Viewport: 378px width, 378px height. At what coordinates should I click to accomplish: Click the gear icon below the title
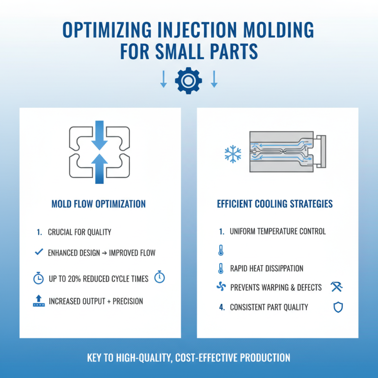pos(189,80)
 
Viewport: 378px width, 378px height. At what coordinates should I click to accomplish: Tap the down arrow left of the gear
pos(163,79)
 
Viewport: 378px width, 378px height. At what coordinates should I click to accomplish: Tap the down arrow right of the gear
pos(214,79)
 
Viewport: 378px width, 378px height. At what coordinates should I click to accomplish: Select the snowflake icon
pos(232,154)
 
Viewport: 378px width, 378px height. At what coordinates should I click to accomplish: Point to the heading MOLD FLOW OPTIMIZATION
pos(98,204)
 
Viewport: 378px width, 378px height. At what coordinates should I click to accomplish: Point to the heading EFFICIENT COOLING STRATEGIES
pos(275,204)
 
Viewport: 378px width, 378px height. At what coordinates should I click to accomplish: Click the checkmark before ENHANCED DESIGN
pos(39,252)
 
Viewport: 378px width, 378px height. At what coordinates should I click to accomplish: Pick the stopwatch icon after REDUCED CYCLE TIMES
pos(160,278)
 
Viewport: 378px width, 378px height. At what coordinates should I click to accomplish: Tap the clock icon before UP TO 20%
pos(38,278)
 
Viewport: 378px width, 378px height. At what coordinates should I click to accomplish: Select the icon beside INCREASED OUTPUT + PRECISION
pos(38,301)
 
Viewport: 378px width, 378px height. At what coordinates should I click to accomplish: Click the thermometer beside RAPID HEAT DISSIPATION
pos(220,269)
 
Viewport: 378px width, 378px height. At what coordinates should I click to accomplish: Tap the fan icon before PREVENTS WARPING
pos(220,287)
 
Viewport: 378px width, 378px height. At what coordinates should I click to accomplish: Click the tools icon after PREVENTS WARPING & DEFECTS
pos(337,287)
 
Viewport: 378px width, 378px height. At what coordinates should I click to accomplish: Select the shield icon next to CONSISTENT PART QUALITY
pos(338,307)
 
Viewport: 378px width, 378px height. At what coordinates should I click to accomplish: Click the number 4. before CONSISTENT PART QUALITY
pos(222,307)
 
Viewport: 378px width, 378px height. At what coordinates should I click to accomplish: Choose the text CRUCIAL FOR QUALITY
pos(79,232)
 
